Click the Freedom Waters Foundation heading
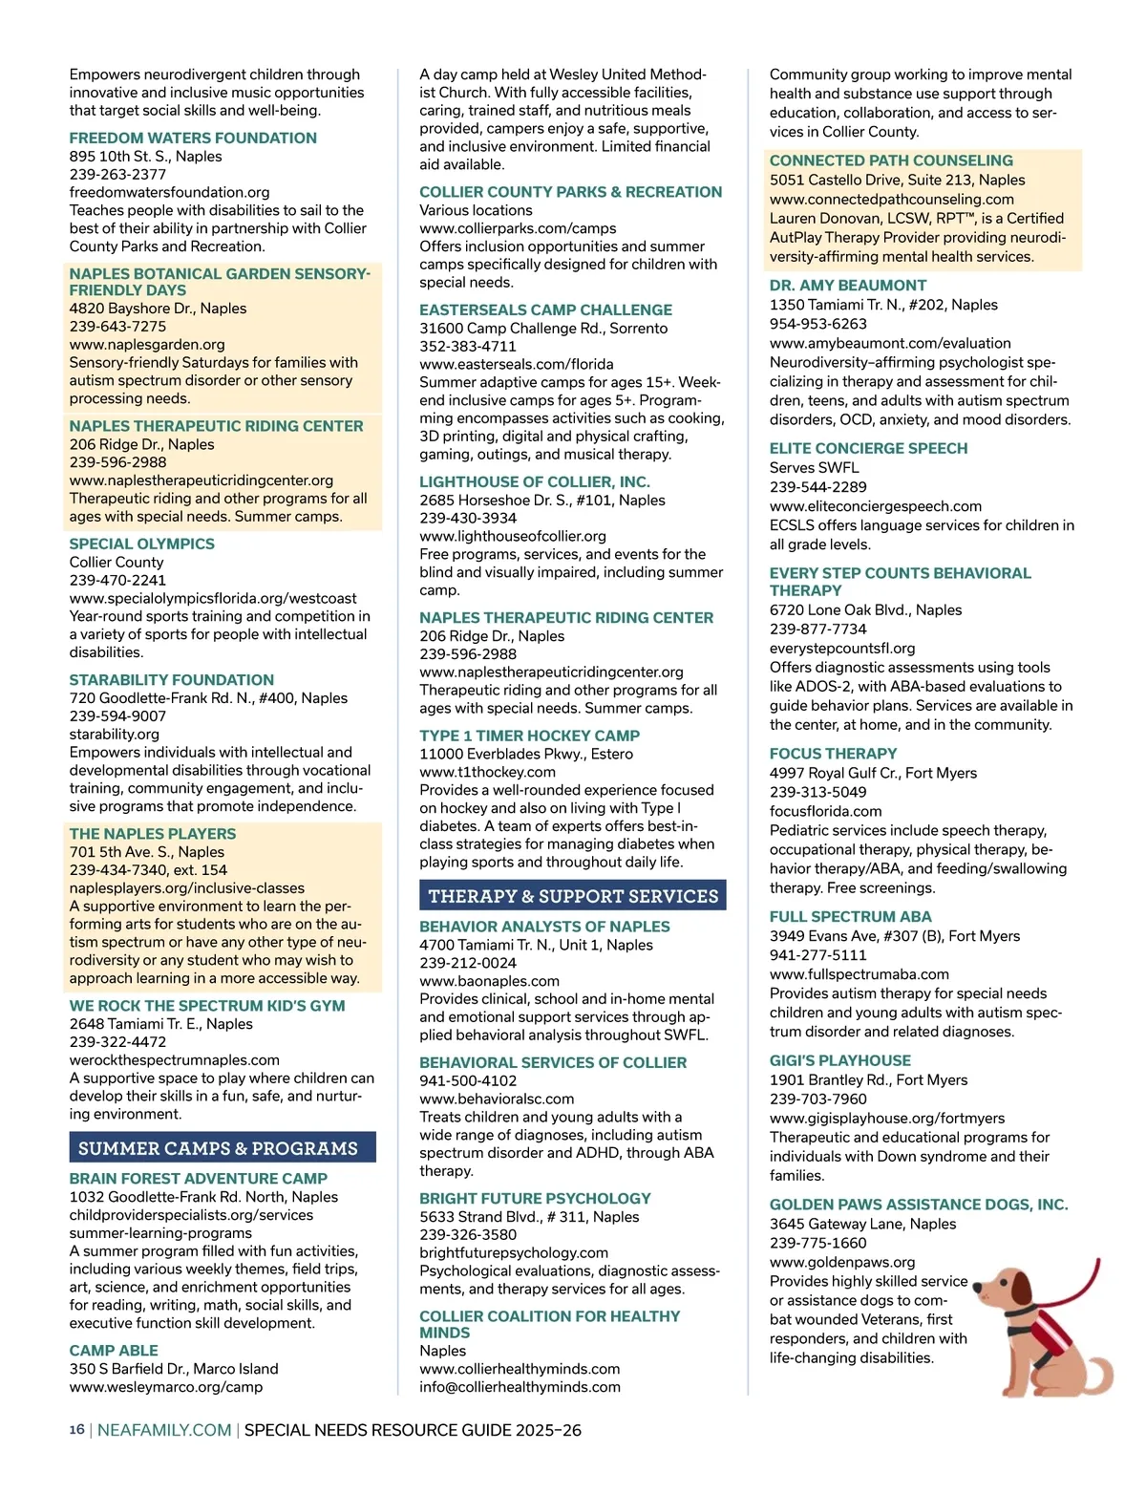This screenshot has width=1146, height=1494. click(x=193, y=138)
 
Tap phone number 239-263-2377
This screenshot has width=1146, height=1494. click(x=117, y=174)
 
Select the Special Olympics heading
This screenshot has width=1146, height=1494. click(x=141, y=544)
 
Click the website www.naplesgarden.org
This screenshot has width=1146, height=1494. click(x=147, y=344)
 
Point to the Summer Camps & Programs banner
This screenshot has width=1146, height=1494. click(x=222, y=1147)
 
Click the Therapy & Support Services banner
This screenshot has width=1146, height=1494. click(x=572, y=895)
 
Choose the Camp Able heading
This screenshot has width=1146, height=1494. click(x=114, y=1350)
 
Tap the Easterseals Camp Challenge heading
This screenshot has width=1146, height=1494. click(x=545, y=309)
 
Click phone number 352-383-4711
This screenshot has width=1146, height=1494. click(x=468, y=346)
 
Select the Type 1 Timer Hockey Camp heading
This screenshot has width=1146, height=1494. click(x=529, y=736)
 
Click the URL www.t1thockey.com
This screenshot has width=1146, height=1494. click(x=487, y=772)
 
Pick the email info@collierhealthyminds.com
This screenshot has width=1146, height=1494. click(x=520, y=1386)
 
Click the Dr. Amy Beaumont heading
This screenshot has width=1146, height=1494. click(x=848, y=285)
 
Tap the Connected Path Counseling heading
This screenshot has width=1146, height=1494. click(x=891, y=160)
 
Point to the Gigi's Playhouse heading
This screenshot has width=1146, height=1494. click(x=840, y=1060)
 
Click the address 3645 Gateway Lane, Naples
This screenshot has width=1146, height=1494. click(x=862, y=1224)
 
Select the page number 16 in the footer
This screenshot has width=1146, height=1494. click(x=76, y=1430)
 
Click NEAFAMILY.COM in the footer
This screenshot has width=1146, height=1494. click(x=164, y=1430)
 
